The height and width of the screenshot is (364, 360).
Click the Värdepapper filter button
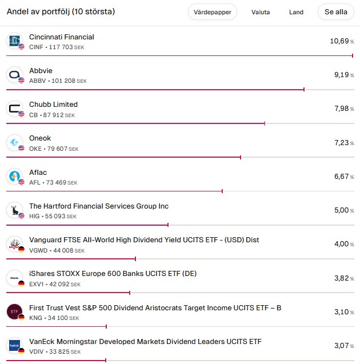pos(212,12)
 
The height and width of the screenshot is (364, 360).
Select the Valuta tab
pos(260,12)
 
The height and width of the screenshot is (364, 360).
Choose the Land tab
pos(296,12)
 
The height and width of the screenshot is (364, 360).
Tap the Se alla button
pos(335,12)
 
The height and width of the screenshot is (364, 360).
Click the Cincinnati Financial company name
pos(62,37)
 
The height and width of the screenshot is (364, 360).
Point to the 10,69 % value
pos(342,41)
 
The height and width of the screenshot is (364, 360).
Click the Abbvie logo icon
pos(14,75)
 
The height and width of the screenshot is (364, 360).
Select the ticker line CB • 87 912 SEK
pos(51,115)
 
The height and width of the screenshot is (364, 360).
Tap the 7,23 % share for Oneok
pos(343,143)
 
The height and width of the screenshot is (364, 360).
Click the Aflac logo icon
pos(14,177)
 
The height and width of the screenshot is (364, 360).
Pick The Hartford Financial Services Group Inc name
pos(99,206)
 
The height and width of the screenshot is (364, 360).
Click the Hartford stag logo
pos(14,210)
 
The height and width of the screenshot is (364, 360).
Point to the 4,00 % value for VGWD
pos(343,244)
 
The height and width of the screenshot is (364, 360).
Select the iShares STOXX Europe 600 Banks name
pos(113,274)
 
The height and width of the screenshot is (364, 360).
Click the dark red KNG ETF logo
pos(14,311)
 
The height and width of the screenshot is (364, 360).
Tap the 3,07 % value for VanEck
pos(343,346)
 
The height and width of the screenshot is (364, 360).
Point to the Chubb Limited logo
pos(14,109)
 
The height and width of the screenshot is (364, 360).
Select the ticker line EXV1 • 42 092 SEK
pos(54,284)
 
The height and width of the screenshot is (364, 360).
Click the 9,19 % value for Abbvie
pos(343,75)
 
